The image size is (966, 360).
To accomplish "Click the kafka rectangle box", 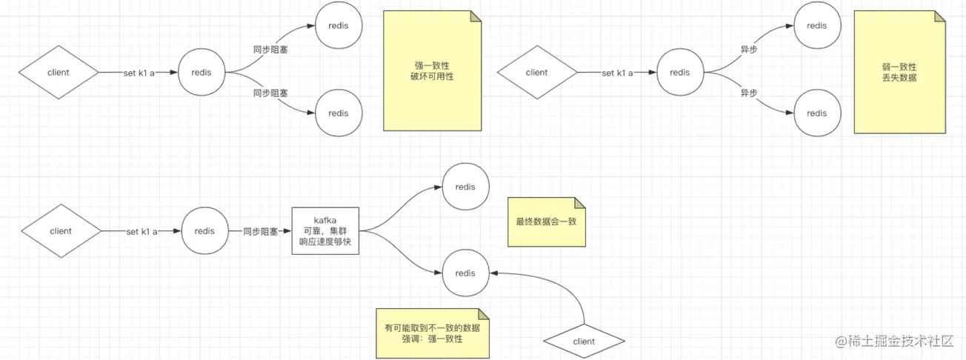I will tap(325, 231).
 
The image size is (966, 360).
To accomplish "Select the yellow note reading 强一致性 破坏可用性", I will tap(432, 71).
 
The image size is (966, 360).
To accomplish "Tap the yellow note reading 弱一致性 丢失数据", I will tap(899, 71).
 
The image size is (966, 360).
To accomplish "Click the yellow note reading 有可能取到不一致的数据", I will tap(432, 333).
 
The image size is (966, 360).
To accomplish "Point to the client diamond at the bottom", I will tap(584, 341).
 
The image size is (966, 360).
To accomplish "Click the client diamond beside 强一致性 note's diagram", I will tap(59, 73).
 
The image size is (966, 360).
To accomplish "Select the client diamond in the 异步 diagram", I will tap(536, 73).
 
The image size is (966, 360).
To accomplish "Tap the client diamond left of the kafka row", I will tap(61, 231).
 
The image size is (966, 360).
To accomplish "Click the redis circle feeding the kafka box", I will tap(204, 231).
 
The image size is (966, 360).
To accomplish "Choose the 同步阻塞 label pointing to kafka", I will tap(261, 232).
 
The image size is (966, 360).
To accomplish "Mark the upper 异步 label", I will tap(749, 50).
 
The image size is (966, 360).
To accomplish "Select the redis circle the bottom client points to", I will tap(465, 273).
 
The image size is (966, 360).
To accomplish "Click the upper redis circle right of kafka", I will tap(465, 187).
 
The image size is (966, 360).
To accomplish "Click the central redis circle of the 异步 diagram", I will tap(679, 73).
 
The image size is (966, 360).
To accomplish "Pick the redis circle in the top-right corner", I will tap(816, 26).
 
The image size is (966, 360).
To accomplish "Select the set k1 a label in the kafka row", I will tap(142, 232).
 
